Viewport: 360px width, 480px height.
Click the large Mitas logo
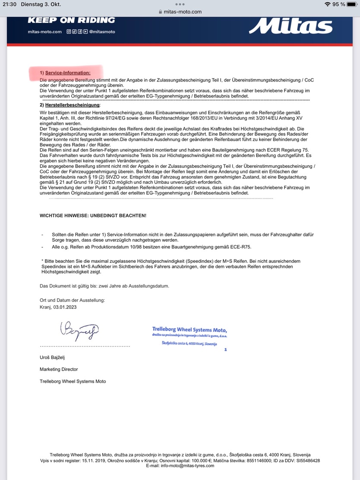(x=291, y=26)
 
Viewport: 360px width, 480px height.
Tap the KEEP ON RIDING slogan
(x=71, y=20)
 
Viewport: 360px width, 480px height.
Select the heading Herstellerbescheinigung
(x=72, y=105)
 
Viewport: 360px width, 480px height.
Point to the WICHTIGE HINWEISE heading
(x=93, y=215)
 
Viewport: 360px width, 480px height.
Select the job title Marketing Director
(x=59, y=369)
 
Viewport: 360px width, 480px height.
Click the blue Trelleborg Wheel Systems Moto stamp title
(x=189, y=329)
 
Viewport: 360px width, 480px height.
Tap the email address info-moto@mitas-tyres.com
(x=180, y=466)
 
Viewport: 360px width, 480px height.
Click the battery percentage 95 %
(x=338, y=4)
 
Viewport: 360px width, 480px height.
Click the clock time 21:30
(x=9, y=4)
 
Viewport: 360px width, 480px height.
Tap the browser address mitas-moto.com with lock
(x=180, y=12)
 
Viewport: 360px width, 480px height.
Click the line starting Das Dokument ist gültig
(x=104, y=286)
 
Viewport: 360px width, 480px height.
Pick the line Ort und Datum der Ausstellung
(x=72, y=300)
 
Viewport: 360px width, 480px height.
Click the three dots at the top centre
(x=180, y=4)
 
